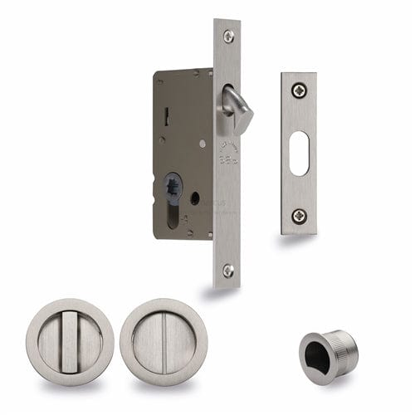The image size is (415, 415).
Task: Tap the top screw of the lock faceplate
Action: (228, 36)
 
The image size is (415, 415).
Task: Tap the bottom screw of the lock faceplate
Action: (228, 270)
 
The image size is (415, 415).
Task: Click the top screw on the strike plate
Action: (299, 90)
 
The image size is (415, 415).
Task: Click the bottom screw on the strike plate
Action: (299, 215)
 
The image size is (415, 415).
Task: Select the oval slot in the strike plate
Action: (299, 153)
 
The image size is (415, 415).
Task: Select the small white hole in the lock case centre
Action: (202, 144)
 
